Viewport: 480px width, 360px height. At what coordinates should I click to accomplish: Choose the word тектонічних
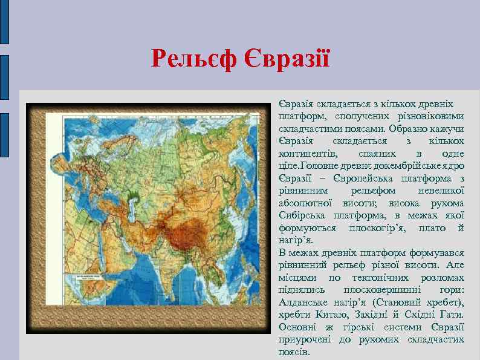point(380,277)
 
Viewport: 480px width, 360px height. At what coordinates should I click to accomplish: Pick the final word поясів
point(294,352)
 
